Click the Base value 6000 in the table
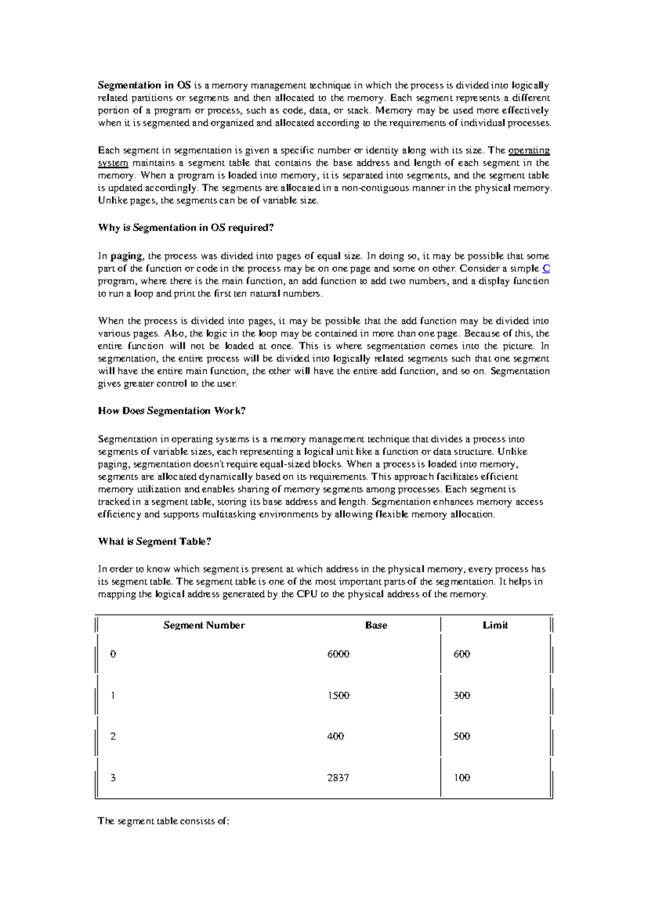[x=339, y=654]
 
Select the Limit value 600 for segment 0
[x=462, y=654]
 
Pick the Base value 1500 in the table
[x=339, y=695]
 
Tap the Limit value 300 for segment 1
[x=462, y=695]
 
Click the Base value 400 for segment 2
[x=335, y=736]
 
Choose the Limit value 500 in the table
[x=462, y=736]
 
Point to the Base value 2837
[x=338, y=778]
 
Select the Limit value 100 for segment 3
[x=462, y=778]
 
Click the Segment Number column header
[x=204, y=625]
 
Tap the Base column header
[x=376, y=625]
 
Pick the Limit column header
[x=495, y=625]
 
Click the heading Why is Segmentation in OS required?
[x=186, y=228]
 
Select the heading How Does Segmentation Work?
[x=172, y=411]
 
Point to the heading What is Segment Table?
[x=154, y=542]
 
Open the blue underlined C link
[x=545, y=269]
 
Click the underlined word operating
[x=529, y=151]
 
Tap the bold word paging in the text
[x=126, y=256]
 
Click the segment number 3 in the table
[x=113, y=778]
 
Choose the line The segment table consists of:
[x=164, y=822]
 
